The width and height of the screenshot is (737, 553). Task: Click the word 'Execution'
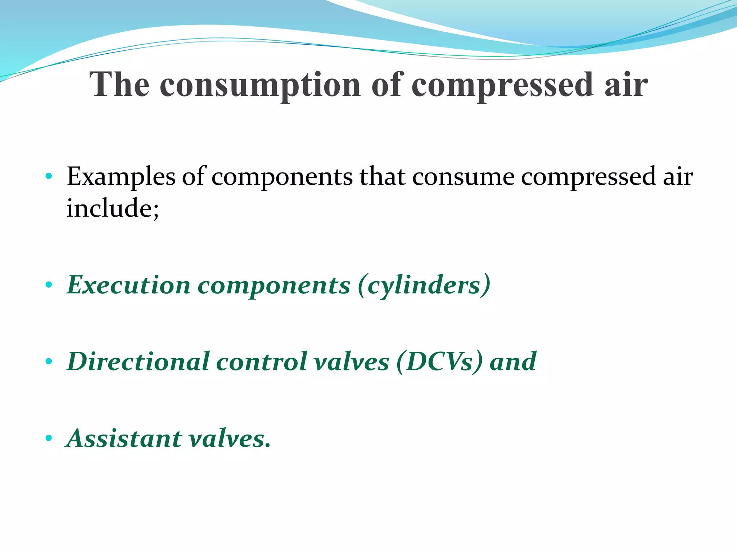128,285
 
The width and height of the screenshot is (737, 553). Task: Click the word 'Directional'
138,361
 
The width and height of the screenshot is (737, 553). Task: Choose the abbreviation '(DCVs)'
439,362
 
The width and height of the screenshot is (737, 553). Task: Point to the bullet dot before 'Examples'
49,176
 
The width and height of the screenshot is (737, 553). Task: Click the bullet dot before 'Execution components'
49,285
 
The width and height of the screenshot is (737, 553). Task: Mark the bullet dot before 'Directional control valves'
49,361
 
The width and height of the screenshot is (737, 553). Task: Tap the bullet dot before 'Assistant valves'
49,439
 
